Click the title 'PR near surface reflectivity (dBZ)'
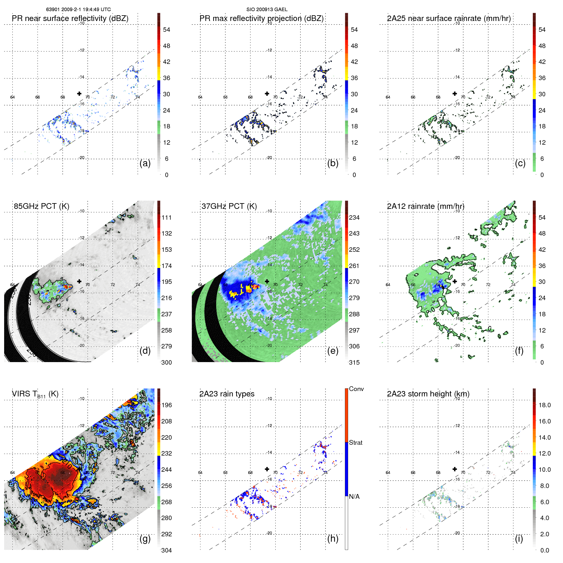click(70, 18)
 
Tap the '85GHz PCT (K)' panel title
click(41, 206)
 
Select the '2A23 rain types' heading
click(227, 394)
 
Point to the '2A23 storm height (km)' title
click(428, 394)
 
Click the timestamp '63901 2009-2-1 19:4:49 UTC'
click(78, 10)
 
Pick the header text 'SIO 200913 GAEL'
click(267, 10)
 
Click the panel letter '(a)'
click(145, 163)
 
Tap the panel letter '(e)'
click(333, 351)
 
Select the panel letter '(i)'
click(519, 539)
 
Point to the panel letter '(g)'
click(145, 539)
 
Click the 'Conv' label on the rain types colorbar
click(356, 389)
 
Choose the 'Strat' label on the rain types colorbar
click(355, 443)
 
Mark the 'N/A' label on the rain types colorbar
click(354, 497)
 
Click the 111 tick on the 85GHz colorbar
click(167, 217)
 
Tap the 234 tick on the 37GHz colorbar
click(354, 217)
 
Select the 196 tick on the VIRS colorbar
click(167, 405)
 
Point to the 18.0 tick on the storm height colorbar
click(545, 405)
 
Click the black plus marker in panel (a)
click(79, 93)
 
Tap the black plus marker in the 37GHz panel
click(267, 281)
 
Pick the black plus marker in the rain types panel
click(267, 469)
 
